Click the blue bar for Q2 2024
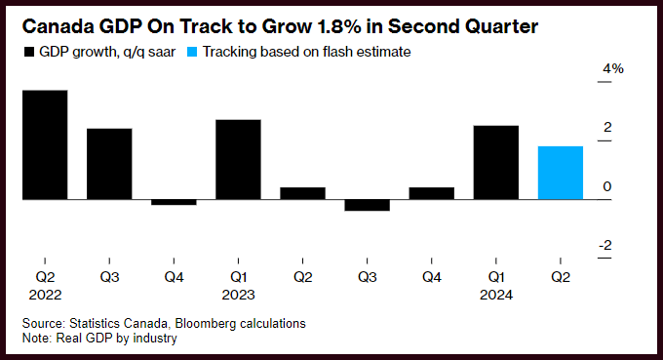click(561, 173)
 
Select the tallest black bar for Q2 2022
click(45, 144)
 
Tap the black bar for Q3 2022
click(109, 164)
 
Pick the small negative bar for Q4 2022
click(174, 202)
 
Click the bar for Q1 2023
click(238, 159)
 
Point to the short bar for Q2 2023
click(303, 193)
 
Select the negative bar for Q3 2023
click(367, 205)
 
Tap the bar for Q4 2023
click(432, 193)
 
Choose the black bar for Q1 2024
click(496, 163)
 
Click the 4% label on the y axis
click(613, 68)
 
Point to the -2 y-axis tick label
click(605, 245)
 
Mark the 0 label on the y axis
click(607, 186)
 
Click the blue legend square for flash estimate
click(192, 52)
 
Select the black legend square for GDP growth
click(28, 52)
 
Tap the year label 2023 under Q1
click(239, 295)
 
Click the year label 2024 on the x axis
click(496, 295)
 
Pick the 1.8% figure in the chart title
click(339, 26)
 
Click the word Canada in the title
click(58, 26)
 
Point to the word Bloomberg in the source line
click(205, 324)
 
